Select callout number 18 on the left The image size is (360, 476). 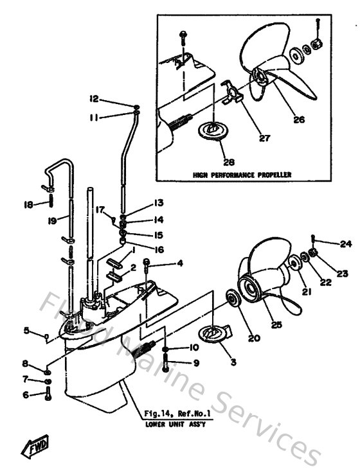point(28,204)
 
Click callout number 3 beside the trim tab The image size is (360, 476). point(233,362)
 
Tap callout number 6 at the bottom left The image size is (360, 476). point(26,395)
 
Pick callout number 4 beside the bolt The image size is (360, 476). point(180,263)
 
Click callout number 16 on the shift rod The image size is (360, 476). point(158,249)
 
